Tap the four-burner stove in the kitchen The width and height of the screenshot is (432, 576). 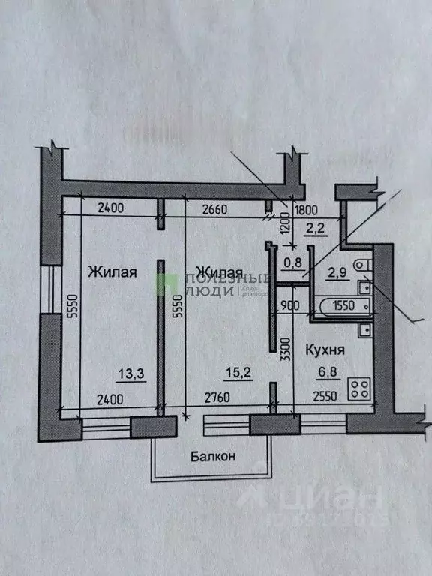(x=361, y=388)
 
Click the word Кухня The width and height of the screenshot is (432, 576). (x=324, y=349)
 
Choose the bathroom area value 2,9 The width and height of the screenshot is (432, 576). (x=337, y=272)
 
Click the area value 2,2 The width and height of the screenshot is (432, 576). (x=313, y=230)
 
